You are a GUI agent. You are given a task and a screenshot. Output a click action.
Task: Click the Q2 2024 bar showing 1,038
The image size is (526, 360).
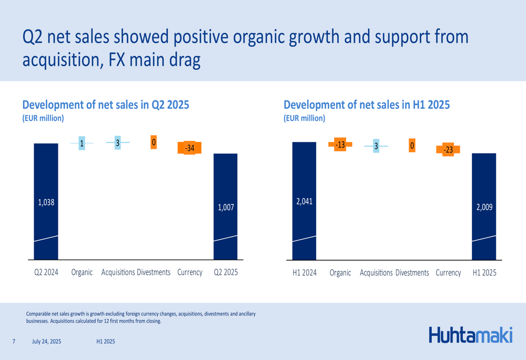pyautogui.click(x=46, y=202)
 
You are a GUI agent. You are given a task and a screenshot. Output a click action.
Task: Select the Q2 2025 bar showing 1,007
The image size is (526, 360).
pyautogui.click(x=225, y=207)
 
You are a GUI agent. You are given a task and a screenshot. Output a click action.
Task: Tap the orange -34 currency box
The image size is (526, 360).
pyautogui.click(x=190, y=148)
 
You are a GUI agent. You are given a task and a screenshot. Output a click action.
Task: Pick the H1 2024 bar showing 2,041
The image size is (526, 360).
pyautogui.click(x=304, y=201)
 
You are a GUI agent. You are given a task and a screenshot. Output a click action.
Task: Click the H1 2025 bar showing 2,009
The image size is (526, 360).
pyautogui.click(x=484, y=207)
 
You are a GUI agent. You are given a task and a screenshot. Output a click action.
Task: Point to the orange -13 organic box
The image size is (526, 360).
pyautogui.click(x=340, y=145)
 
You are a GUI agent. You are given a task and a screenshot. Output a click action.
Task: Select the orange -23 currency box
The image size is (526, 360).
pyautogui.click(x=448, y=150)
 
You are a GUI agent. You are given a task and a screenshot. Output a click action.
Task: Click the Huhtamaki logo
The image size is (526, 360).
pyautogui.click(x=470, y=334)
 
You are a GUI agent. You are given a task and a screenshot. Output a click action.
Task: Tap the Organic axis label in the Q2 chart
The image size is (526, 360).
pyautogui.click(x=82, y=272)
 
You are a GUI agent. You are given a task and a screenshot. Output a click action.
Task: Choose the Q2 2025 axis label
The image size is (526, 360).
pyautogui.click(x=226, y=272)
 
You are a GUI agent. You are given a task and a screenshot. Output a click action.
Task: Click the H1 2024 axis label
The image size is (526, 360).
pyautogui.click(x=305, y=273)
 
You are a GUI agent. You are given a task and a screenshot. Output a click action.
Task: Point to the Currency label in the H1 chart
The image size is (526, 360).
pyautogui.click(x=448, y=273)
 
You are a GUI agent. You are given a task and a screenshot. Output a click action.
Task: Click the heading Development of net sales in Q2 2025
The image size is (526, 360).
pyautogui.click(x=105, y=105)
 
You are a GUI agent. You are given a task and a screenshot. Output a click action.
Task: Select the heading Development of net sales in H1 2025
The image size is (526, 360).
pyautogui.click(x=367, y=105)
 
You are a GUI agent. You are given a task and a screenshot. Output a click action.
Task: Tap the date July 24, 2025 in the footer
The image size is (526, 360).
pyautogui.click(x=46, y=342)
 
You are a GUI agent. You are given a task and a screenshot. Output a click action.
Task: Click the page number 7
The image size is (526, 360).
pyautogui.click(x=14, y=342)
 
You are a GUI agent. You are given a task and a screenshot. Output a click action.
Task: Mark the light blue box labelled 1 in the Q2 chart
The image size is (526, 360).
pyautogui.click(x=82, y=143)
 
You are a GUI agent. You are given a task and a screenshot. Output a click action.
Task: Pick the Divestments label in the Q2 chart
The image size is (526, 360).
pyautogui.click(x=154, y=272)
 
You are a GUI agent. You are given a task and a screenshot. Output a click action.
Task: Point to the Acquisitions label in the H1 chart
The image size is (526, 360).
pyautogui.click(x=376, y=273)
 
